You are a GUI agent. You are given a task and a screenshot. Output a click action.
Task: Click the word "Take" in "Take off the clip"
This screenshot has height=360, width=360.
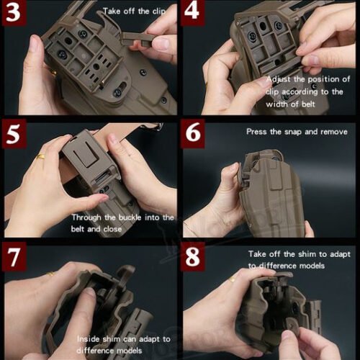pos(112,12)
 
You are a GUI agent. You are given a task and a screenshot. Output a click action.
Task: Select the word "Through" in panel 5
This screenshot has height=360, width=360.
pos(87,217)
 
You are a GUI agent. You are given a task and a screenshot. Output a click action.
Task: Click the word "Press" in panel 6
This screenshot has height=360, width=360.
pos(258,132)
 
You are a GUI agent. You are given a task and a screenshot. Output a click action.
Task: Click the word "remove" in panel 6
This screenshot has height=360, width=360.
pos(332,132)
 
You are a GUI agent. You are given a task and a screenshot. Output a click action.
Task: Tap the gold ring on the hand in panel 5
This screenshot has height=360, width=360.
pos(42,156)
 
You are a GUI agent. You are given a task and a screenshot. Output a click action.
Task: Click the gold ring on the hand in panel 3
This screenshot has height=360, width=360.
pos(53,72)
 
